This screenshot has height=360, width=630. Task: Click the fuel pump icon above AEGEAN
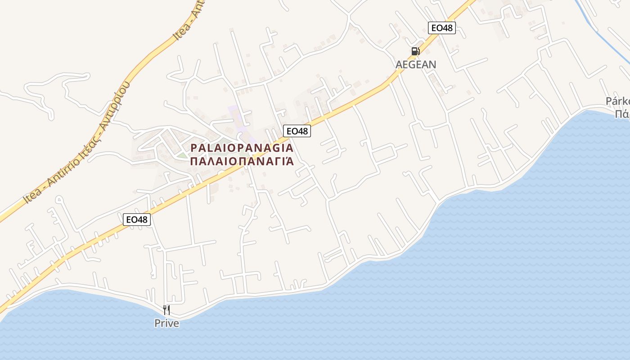click(415, 51)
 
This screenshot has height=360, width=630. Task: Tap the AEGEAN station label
click(416, 64)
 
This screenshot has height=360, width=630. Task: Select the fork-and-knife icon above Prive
click(166, 310)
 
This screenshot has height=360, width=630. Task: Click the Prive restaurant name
click(166, 323)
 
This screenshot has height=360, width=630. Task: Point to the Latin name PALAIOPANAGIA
click(242, 148)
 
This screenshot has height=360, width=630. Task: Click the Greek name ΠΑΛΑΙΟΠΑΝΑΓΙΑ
click(242, 161)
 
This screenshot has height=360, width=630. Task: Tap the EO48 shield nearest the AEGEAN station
click(441, 28)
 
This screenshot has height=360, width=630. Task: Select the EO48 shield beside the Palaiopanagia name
click(297, 131)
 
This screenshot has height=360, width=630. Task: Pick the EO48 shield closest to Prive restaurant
click(137, 220)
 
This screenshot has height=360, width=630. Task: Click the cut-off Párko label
click(617, 101)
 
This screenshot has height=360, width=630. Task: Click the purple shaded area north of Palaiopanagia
click(236, 115)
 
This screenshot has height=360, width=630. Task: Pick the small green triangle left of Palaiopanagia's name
click(181, 155)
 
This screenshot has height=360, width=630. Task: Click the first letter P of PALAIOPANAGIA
click(194, 148)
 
